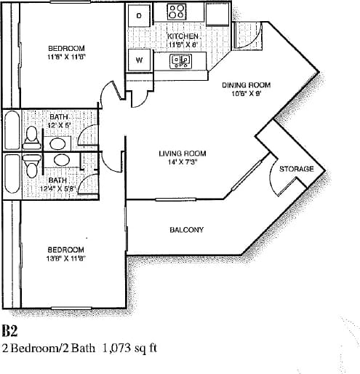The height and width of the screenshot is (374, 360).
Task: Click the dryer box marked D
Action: tap(140, 15)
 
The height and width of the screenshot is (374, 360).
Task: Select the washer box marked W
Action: tap(139, 60)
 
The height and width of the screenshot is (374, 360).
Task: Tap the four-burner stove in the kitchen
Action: tap(177, 12)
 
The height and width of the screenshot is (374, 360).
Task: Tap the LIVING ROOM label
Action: tap(183, 154)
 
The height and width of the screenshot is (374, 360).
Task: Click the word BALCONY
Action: tap(186, 230)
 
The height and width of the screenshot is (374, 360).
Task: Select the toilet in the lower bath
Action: tap(31, 164)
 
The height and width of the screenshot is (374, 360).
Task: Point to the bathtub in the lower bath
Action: tap(12, 175)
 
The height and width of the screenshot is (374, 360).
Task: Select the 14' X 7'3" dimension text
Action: tap(183, 162)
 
